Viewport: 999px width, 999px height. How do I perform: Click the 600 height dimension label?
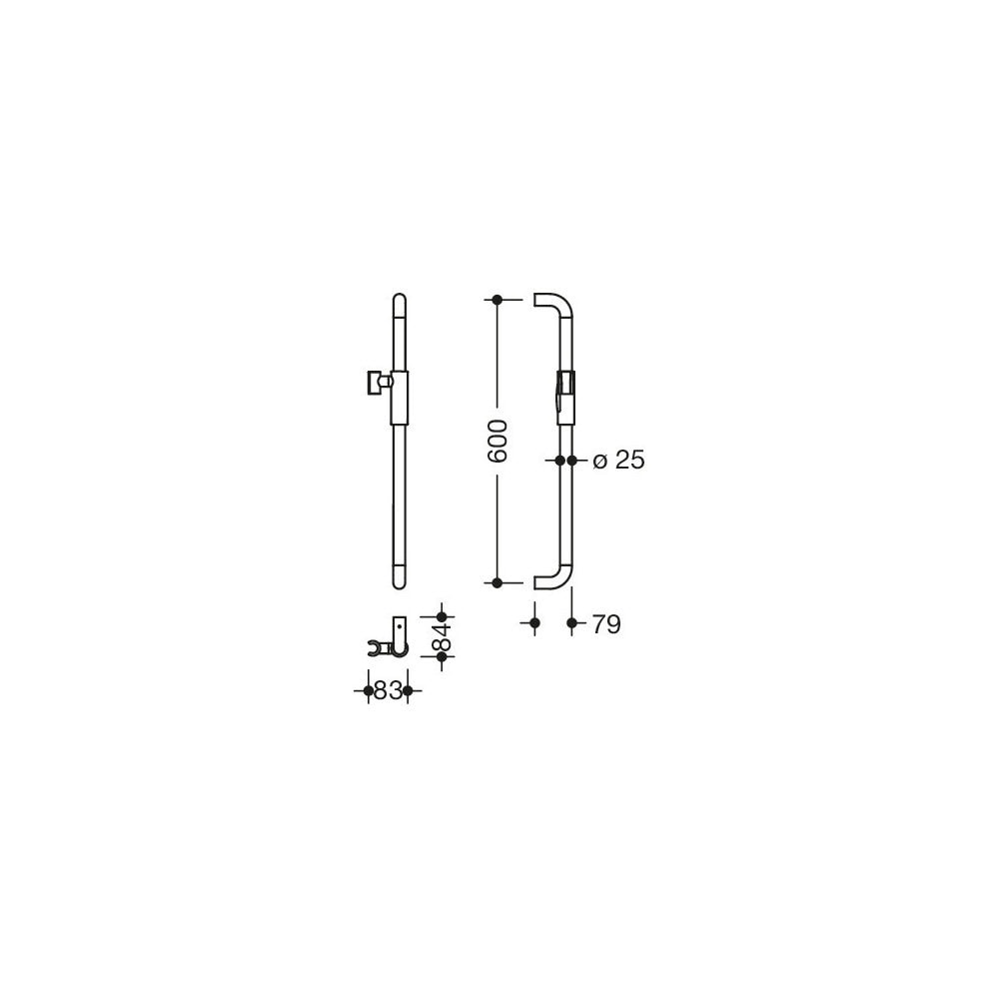(497, 441)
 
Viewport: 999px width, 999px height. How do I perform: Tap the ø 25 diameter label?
(618, 460)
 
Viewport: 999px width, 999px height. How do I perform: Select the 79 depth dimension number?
(606, 624)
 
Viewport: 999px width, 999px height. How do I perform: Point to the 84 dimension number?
(442, 635)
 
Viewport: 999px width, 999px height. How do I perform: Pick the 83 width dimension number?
(388, 690)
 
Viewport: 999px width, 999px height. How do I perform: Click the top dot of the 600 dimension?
(498, 300)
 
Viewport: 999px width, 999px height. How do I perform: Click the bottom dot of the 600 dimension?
(498, 582)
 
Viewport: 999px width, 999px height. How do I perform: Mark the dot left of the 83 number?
(369, 690)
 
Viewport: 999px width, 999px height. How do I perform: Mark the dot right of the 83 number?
(409, 690)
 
